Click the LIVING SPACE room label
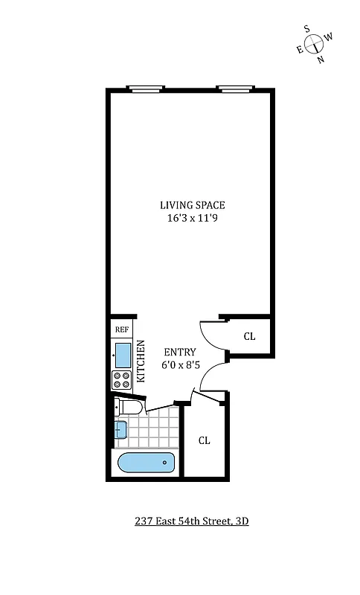[192, 205]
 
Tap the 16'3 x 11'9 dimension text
[192, 219]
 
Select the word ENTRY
[179, 352]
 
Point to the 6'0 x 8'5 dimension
[179, 365]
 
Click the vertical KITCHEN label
[141, 362]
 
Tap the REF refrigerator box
[120, 329]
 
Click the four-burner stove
[121, 379]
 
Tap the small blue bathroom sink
[121, 429]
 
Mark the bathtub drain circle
[165, 463]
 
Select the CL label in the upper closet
[249, 336]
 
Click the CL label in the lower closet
[204, 440]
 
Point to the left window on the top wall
[145, 90]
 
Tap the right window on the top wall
[234, 90]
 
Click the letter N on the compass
[321, 60]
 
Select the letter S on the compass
[306, 28]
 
